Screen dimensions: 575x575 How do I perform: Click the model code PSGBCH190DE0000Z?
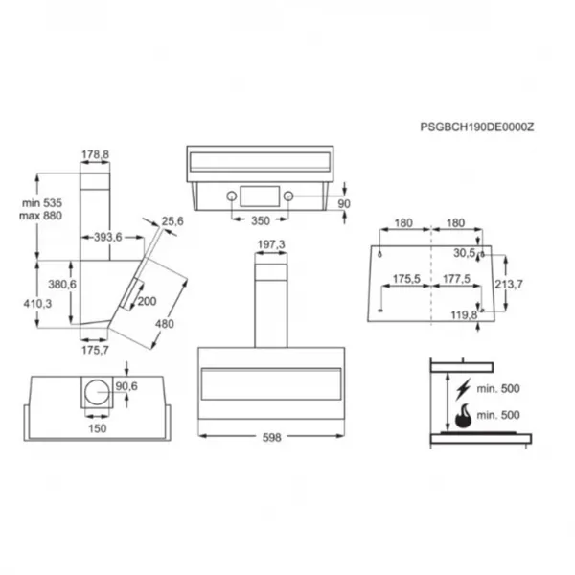(x=476, y=127)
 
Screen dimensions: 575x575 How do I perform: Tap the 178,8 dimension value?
(x=95, y=154)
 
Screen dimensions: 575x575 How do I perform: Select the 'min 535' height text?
(x=42, y=203)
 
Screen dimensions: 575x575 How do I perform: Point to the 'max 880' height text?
(x=40, y=216)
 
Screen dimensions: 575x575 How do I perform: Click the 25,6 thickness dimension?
(x=172, y=221)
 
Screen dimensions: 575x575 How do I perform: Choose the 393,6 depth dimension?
(x=107, y=237)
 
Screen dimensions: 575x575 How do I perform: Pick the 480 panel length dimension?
(x=164, y=324)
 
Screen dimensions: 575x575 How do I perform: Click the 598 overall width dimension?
(x=272, y=438)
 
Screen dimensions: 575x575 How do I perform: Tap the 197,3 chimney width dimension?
(x=271, y=244)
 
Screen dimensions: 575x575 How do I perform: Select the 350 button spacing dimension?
(x=261, y=220)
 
